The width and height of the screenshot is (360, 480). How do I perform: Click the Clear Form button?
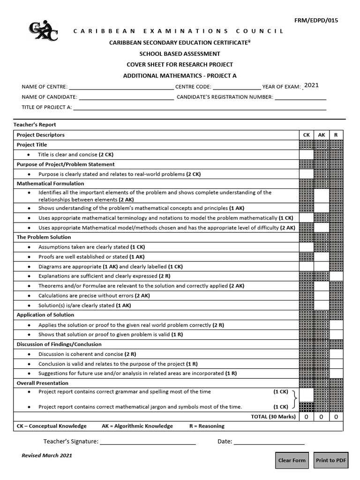[292, 460]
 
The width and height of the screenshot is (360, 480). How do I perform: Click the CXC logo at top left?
[44, 31]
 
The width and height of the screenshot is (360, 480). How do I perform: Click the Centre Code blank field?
[237, 87]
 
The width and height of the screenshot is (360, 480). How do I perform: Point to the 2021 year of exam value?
[311, 85]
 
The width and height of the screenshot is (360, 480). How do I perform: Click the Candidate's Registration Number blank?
[300, 97]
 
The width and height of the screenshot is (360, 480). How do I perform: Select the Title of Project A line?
[200, 107]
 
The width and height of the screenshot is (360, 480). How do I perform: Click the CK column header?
[307, 135]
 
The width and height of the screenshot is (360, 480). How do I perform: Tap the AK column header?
[322, 135]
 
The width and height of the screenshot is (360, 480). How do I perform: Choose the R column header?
[336, 135]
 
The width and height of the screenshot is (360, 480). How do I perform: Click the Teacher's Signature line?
[148, 442]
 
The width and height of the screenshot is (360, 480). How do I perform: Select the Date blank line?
[269, 442]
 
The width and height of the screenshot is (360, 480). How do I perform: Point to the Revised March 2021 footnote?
[47, 456]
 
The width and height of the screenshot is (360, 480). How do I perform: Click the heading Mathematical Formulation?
[51, 184]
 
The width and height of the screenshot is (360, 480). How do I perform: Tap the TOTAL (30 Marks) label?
[273, 417]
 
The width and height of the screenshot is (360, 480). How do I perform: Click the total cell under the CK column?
[307, 417]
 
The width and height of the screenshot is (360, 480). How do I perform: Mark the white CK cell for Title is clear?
[307, 155]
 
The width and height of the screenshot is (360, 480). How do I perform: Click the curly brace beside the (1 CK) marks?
[294, 399]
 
